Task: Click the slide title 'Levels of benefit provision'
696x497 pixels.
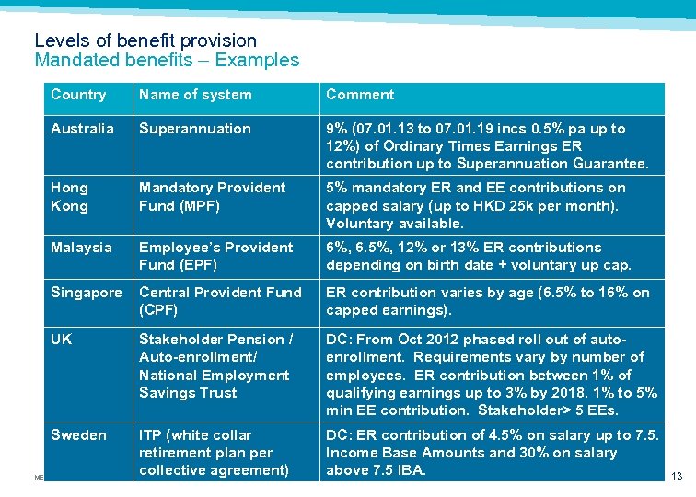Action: point(145,40)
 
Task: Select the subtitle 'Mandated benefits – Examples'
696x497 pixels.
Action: point(167,61)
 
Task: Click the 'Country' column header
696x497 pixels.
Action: point(78,95)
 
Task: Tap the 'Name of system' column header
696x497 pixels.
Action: point(195,95)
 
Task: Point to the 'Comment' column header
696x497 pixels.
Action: point(360,95)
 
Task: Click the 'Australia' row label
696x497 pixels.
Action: point(82,129)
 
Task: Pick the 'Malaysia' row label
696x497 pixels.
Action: point(81,248)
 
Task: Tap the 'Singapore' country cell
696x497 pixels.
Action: point(86,293)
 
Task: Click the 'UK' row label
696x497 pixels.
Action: point(61,340)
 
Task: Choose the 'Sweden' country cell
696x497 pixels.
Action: point(78,435)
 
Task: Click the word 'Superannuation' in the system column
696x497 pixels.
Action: point(194,129)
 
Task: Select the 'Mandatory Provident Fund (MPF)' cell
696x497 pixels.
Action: point(212,197)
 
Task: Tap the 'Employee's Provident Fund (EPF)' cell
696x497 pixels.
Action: point(215,257)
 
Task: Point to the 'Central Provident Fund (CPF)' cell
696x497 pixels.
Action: point(220,301)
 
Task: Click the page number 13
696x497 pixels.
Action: point(678,476)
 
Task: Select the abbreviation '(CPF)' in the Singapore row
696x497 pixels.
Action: point(158,310)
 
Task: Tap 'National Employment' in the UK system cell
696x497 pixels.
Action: point(214,376)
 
